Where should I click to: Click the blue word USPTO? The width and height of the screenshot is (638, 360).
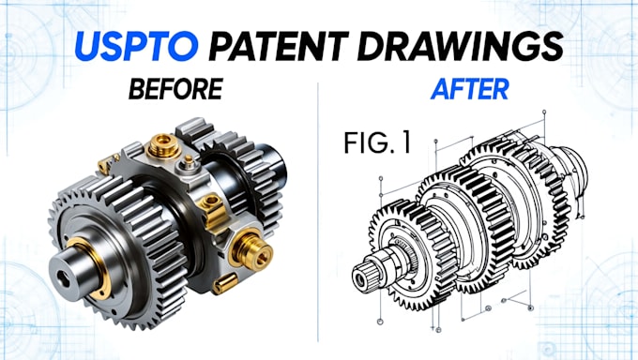[x=137, y=46]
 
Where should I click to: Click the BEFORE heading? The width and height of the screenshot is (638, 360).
[x=175, y=89]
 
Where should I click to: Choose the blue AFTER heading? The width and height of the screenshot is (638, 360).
[x=470, y=89]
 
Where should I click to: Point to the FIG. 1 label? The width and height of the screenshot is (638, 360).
[x=377, y=142]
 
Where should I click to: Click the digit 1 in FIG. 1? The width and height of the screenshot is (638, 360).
[x=405, y=142]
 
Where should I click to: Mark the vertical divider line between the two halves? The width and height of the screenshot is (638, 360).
[x=318, y=212]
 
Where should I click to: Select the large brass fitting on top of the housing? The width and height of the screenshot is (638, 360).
[x=163, y=146]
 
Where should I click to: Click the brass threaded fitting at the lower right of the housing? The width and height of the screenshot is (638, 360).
[x=251, y=249]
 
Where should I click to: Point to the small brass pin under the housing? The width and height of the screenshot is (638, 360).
[x=225, y=283]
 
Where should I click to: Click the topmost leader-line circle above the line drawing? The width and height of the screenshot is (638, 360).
[x=544, y=112]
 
